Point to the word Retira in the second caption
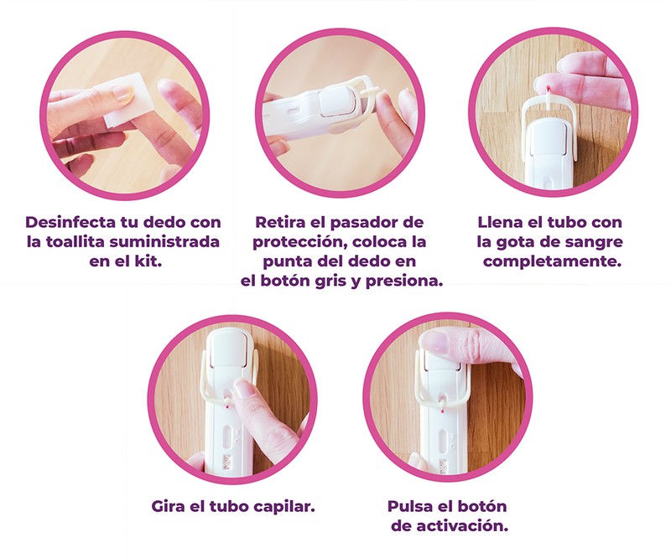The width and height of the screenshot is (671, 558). (280, 222)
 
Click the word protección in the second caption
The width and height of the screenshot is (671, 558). (300, 242)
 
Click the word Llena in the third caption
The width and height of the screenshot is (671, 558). (497, 222)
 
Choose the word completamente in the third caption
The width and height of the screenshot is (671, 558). (552, 261)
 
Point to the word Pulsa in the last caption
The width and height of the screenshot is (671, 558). (409, 507)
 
